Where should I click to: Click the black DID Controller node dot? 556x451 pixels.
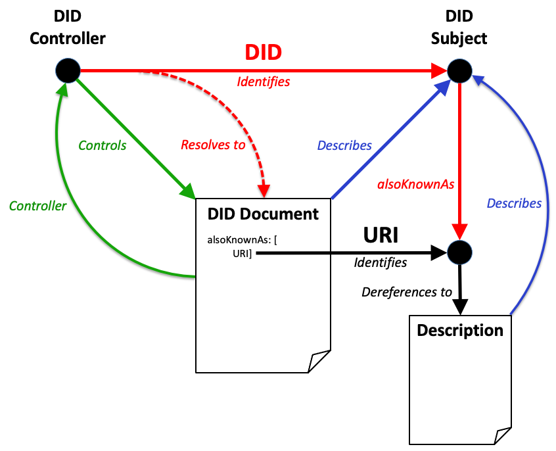[67, 70]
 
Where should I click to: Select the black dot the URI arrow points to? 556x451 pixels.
[459, 251]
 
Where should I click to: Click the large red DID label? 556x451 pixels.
[263, 53]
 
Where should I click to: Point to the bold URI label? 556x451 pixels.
[382, 235]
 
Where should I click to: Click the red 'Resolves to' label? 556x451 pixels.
[213, 145]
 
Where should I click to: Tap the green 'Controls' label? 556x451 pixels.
[102, 145]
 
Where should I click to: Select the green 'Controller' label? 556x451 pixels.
[37, 206]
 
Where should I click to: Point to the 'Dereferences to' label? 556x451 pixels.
[407, 291]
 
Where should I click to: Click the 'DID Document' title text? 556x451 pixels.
[263, 214]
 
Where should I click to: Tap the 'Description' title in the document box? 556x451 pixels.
[460, 329]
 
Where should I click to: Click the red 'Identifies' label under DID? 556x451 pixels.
[263, 82]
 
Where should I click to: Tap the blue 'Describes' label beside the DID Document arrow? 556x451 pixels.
[344, 145]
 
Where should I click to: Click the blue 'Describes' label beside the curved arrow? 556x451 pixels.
[514, 203]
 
